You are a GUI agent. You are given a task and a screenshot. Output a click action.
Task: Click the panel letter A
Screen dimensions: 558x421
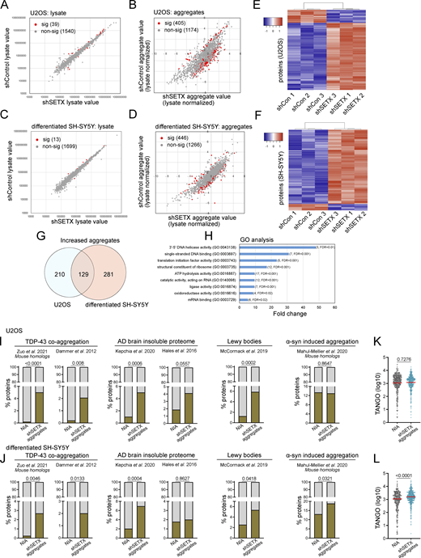coord(6,6)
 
